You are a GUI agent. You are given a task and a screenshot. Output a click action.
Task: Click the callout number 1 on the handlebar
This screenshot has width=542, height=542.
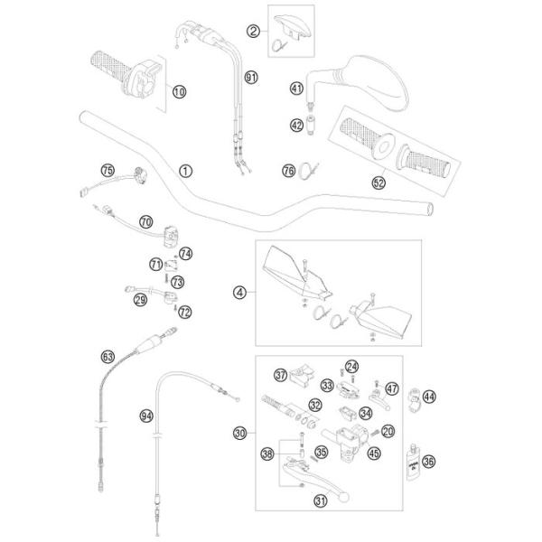[185, 170]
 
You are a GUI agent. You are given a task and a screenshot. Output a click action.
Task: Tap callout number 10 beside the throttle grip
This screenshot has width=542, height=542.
[179, 90]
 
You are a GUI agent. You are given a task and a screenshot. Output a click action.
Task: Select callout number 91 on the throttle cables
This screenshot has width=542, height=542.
[251, 78]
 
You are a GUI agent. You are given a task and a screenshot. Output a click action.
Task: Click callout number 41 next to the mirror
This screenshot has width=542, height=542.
[296, 88]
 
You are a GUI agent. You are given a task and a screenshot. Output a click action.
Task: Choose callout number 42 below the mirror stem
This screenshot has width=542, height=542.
[296, 125]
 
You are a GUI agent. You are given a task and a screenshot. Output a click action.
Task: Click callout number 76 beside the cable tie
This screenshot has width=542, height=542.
[264, 170]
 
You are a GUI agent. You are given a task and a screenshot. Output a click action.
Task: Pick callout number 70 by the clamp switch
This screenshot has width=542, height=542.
[146, 220]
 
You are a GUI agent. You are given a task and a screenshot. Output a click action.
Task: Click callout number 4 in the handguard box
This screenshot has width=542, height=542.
[239, 292]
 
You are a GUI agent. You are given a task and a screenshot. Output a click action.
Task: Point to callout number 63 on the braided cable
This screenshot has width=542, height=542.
[108, 358]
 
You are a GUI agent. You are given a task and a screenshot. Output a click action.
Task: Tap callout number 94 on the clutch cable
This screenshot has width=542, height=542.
[146, 416]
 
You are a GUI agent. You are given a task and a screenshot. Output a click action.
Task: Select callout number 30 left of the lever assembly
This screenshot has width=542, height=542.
[239, 433]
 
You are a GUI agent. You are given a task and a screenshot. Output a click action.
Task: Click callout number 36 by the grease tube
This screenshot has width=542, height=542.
[428, 460]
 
